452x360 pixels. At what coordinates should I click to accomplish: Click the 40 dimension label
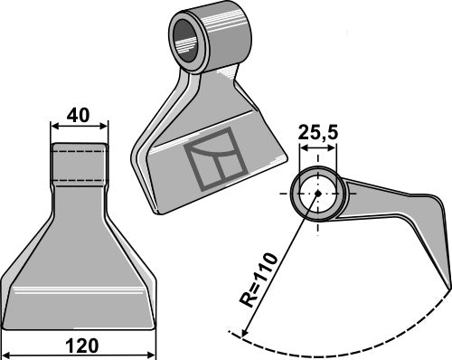tap(78, 116)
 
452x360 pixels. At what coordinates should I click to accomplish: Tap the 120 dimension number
tap(82, 346)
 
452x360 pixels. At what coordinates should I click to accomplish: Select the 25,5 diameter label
tap(318, 132)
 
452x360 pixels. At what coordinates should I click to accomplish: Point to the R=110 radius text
tap(258, 279)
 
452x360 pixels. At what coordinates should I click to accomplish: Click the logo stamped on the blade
tap(217, 159)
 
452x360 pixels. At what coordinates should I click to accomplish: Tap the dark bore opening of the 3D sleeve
tap(184, 41)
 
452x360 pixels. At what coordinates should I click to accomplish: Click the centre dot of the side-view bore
tap(317, 194)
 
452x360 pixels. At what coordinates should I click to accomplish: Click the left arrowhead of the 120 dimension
tap(8, 354)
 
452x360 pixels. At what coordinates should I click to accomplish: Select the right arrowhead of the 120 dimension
tap(151, 354)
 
